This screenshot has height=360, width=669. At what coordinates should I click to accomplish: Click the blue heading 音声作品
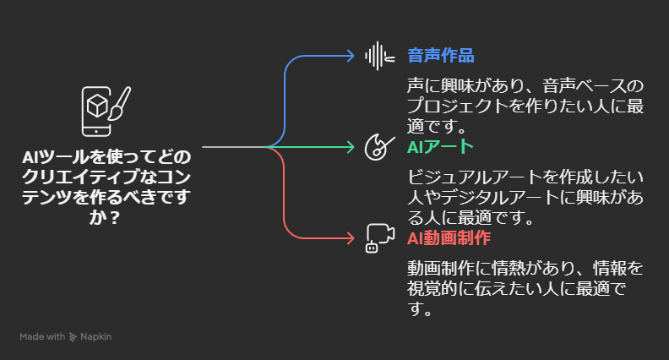click(441, 56)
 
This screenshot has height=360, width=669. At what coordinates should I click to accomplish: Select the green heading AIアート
click(440, 147)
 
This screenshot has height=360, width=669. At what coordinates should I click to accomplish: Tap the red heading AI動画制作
click(449, 237)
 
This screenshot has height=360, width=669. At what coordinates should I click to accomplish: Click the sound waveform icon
click(379, 56)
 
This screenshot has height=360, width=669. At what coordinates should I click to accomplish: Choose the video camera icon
click(380, 238)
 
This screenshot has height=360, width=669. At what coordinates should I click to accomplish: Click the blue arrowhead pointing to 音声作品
click(351, 56)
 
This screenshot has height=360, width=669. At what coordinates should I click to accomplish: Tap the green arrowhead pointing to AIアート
click(351, 147)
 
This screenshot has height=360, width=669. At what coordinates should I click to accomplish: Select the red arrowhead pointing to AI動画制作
click(351, 238)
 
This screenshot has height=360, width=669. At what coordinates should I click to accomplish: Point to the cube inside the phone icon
click(97, 106)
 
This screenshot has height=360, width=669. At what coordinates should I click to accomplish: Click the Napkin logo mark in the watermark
click(73, 337)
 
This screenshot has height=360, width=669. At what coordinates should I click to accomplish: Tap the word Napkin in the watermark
click(96, 336)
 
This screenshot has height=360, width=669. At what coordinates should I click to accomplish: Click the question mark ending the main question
click(114, 218)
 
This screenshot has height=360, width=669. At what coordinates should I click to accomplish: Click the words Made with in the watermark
click(42, 336)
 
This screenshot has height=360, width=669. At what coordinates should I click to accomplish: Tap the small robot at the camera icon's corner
click(372, 248)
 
